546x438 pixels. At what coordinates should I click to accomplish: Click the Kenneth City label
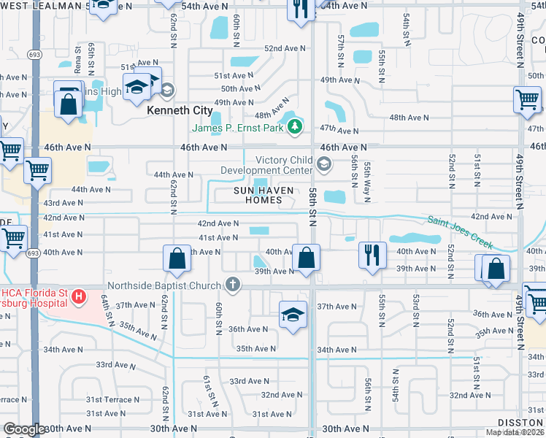tap(180, 110)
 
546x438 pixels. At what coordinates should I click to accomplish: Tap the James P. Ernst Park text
tap(239, 128)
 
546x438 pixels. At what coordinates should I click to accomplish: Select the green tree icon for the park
tap(295, 128)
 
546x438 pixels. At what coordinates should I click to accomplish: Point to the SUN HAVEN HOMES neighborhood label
tap(264, 195)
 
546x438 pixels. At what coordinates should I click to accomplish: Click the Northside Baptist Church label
tap(165, 285)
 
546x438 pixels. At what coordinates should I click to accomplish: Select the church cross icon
tap(233, 285)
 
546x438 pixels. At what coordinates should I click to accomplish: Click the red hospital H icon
tap(78, 296)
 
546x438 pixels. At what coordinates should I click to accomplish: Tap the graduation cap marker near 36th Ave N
tap(293, 315)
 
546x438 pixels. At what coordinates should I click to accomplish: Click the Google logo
tap(25, 429)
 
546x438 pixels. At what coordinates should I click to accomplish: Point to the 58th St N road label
tap(312, 206)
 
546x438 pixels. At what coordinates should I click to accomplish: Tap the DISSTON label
tap(521, 423)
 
